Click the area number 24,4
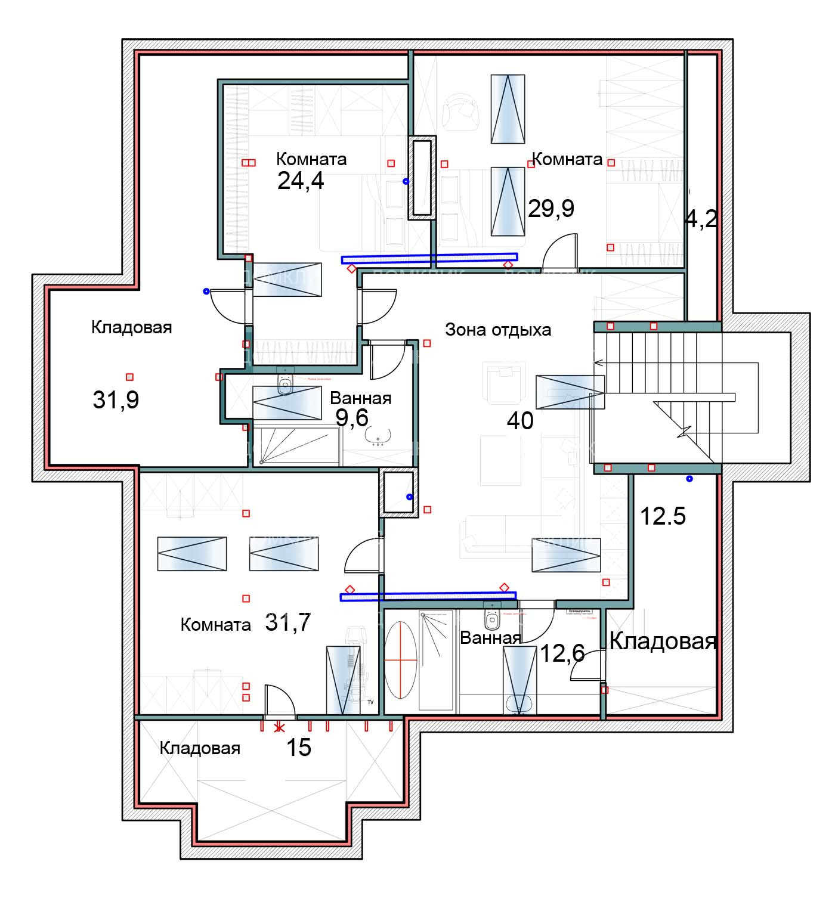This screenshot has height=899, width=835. coord(301,180)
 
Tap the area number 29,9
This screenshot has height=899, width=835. coord(551,208)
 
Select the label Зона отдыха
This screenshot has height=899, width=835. coord(498,330)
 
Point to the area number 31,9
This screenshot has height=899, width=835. coord(116,399)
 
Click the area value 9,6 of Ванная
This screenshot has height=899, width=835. coord(352,418)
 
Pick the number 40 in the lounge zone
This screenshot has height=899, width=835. coord(520,421)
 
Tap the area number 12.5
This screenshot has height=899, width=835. coord(663,516)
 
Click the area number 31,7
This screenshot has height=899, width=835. coord(288,622)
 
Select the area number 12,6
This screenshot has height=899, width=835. coord(562,653)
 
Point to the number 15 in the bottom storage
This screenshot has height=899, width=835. coord(299,747)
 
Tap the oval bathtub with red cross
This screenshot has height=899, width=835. coord(401,660)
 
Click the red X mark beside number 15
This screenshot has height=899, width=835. coord(279,727)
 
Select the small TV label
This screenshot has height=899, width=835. coord(370,702)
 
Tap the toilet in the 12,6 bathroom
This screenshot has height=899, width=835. coord(492,620)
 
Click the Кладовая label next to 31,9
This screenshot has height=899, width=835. coord(131,327)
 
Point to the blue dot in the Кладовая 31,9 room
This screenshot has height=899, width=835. coord(206,292)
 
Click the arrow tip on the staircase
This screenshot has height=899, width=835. coord(597,362)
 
